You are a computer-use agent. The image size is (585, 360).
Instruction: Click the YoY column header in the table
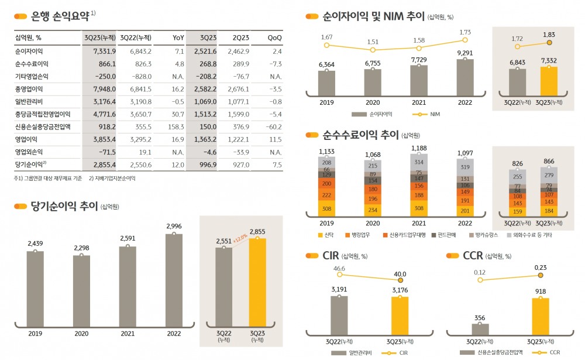pos(178,38)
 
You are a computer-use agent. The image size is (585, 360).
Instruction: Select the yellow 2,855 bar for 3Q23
pos(257,284)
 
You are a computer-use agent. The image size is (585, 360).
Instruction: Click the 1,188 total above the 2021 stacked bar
pos(419,149)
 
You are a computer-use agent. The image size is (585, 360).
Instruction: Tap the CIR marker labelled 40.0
pos(400,280)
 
